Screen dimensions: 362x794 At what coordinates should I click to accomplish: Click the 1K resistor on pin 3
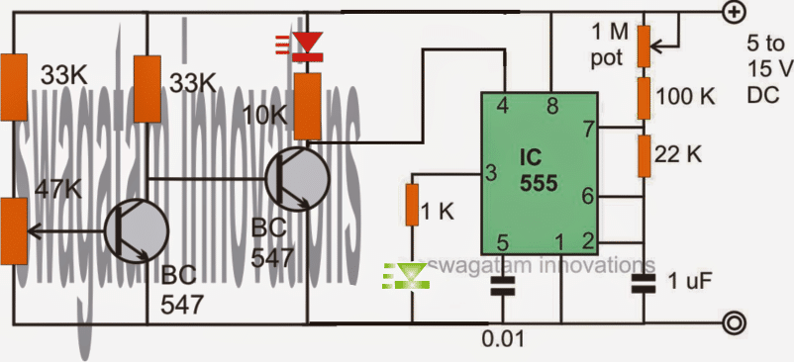(x=412, y=204)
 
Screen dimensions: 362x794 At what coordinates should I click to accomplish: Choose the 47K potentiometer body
(x=14, y=230)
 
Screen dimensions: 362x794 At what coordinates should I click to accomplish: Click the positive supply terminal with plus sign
(x=734, y=13)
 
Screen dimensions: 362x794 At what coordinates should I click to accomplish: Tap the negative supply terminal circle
(x=734, y=321)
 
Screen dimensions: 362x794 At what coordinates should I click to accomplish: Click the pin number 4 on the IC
(x=503, y=105)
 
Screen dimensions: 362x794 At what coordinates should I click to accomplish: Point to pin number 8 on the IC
(x=552, y=105)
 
